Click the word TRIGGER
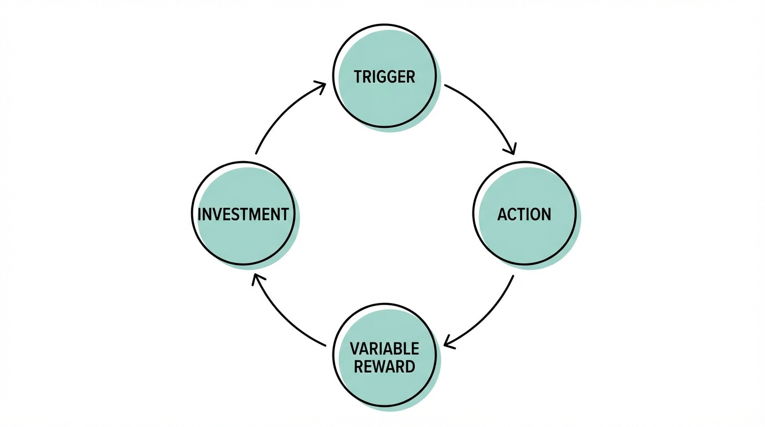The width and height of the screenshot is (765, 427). click(384, 76)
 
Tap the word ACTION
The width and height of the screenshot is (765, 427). click(524, 214)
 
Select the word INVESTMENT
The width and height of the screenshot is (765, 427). click(243, 214)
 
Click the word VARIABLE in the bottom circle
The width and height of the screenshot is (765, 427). click(384, 349)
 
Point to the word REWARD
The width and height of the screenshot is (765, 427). click(384, 367)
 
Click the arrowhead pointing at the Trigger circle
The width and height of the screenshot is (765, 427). click(321, 86)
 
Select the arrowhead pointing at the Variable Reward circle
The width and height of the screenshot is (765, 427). click(448, 344)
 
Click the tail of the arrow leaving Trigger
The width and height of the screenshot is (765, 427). click(446, 86)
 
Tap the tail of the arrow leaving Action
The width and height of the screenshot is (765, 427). click(513, 276)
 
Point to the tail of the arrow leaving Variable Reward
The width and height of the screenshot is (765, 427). click(325, 346)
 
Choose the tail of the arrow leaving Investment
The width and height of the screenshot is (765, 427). click(256, 153)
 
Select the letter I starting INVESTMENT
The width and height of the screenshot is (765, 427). click(200, 214)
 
